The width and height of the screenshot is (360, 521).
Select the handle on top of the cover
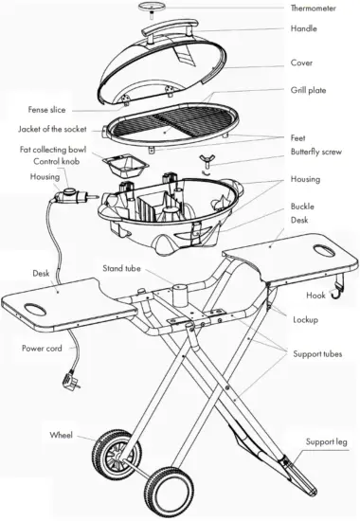tap(176, 30)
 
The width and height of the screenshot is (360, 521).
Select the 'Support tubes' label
tap(315, 352)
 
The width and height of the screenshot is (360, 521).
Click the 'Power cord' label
tap(43, 349)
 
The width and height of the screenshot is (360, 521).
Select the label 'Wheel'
tap(63, 434)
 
